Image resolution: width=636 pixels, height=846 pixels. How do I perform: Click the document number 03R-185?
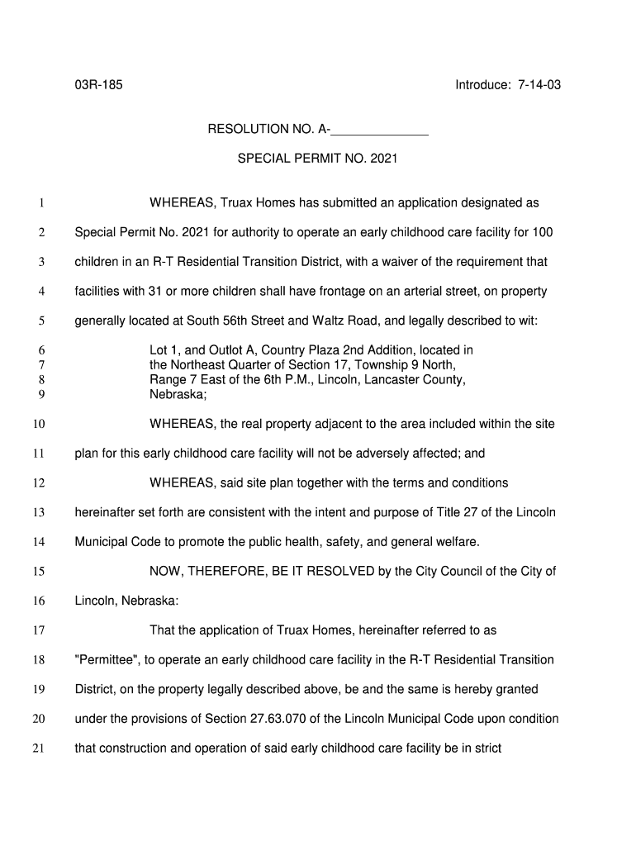point(98,85)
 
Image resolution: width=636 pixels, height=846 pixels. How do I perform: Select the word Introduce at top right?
point(482,85)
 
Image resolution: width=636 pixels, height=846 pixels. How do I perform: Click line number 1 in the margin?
point(40,203)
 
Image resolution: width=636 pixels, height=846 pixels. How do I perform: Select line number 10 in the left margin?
point(38,425)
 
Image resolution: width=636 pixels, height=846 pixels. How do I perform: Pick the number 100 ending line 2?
point(542,232)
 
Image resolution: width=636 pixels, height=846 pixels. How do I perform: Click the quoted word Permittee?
point(106,660)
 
